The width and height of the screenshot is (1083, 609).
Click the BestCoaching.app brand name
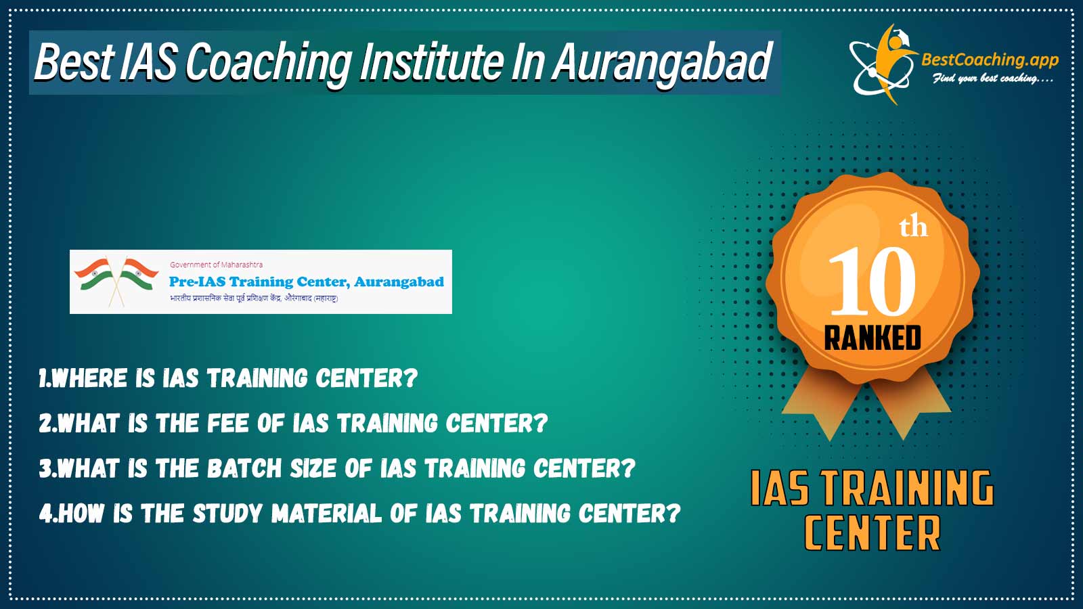[x=990, y=60]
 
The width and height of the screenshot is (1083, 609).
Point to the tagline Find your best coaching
[x=992, y=78]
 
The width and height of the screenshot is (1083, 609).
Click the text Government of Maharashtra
[x=216, y=265]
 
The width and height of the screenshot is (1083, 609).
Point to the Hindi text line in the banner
[x=254, y=298]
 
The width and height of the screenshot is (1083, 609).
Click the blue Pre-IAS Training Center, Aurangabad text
[x=306, y=281]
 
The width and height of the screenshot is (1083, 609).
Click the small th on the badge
[x=913, y=227]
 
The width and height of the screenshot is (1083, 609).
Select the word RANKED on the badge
[x=872, y=338]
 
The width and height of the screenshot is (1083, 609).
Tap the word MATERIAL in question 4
[x=326, y=514]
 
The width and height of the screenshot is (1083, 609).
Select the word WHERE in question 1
[x=89, y=378]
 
